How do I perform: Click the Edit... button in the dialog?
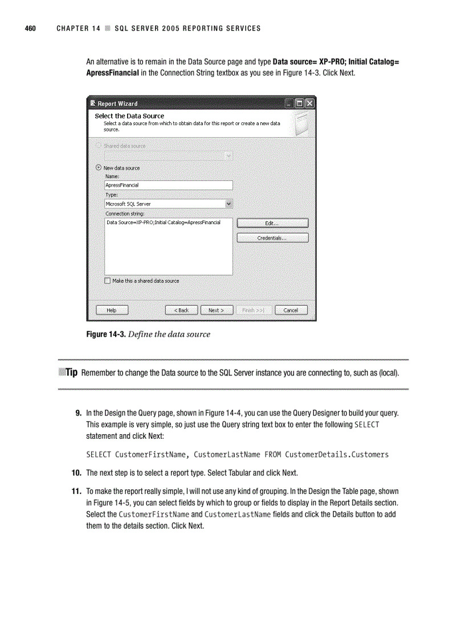[x=272, y=223]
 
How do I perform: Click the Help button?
[x=112, y=310]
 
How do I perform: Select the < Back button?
[x=181, y=310]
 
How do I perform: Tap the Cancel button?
[x=291, y=310]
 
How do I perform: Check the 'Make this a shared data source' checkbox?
[x=108, y=281]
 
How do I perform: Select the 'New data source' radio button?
[x=99, y=168]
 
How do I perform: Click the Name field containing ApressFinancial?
[x=168, y=185]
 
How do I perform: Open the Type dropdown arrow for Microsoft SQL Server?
[x=229, y=204]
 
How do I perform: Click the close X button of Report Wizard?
[x=309, y=104]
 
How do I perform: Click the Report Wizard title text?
[x=117, y=104]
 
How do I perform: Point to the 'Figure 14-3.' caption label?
[x=105, y=335]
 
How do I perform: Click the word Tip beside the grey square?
[x=71, y=373]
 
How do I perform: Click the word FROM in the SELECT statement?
[x=272, y=454]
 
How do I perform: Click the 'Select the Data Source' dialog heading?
[x=129, y=116]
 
